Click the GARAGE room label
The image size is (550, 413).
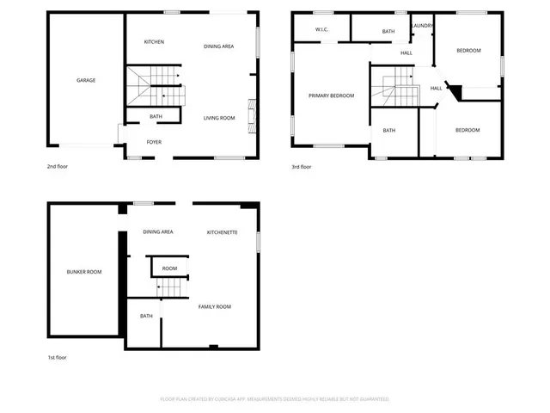click(85, 80)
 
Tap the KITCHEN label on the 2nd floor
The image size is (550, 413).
click(154, 42)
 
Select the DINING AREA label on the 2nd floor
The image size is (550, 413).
click(219, 46)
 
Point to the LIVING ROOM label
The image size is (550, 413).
click(219, 118)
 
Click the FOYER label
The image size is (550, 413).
click(154, 142)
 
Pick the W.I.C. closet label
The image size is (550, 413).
click(323, 30)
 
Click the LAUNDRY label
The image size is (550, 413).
click(422, 26)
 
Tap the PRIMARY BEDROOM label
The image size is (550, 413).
click(331, 96)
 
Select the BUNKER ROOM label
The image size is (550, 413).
click(84, 272)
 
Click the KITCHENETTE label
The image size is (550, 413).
click(223, 232)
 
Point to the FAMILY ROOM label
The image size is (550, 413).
click(215, 306)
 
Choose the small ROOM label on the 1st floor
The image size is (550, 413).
click(169, 268)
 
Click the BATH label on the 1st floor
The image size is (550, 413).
click(146, 316)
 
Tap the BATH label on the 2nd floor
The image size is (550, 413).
click(156, 116)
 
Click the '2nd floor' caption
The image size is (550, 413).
click(58, 166)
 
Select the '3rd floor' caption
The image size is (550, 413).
click(301, 166)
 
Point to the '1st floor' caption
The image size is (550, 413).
click(57, 357)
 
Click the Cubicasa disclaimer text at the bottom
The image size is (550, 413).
click(275, 399)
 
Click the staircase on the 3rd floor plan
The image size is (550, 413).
click(393, 90)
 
